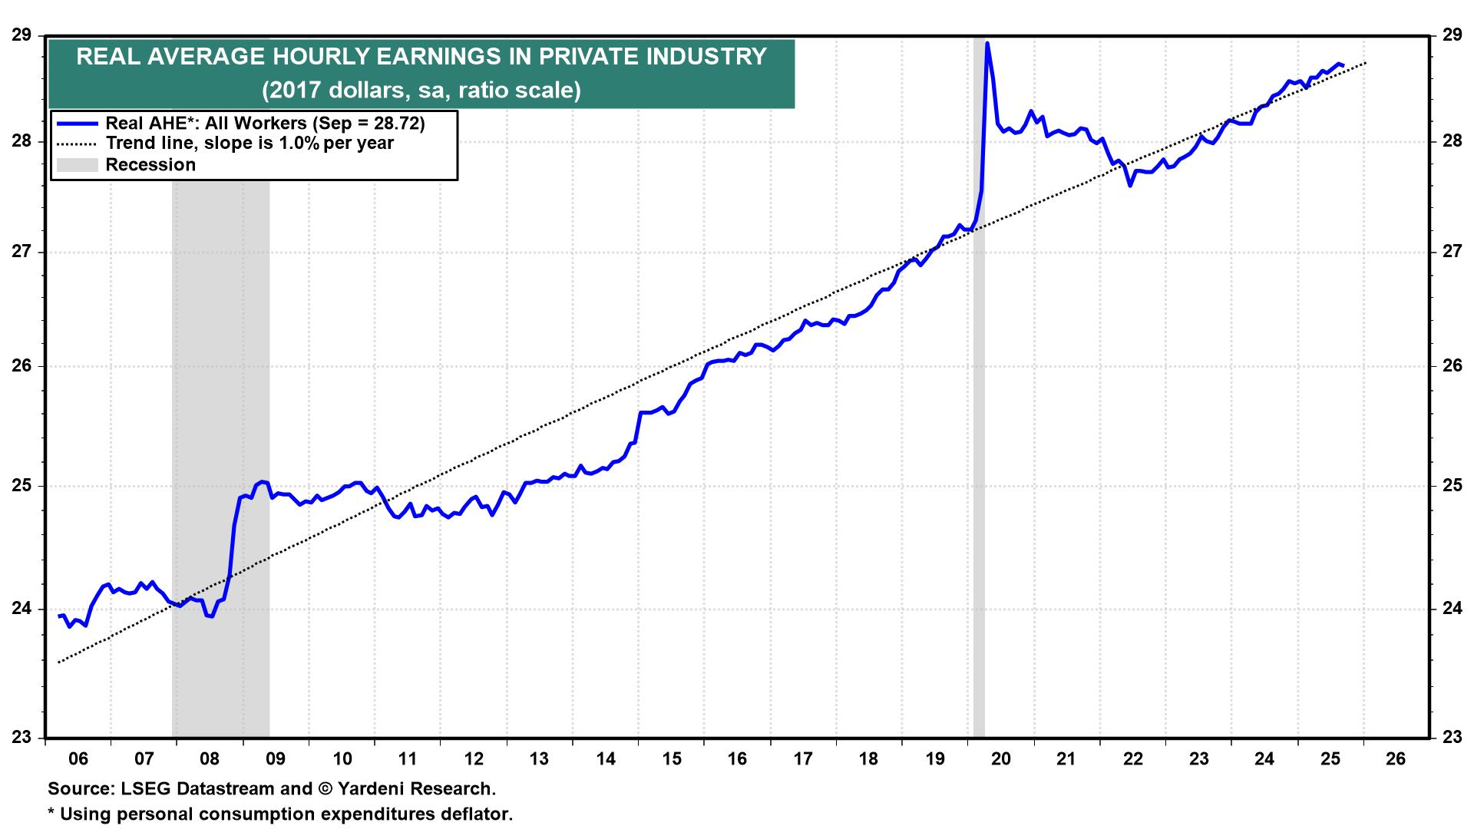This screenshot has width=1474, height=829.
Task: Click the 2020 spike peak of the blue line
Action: click(x=987, y=44)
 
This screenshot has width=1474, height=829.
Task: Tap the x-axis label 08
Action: click(x=210, y=759)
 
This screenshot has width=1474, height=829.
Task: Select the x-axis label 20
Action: click(x=1001, y=759)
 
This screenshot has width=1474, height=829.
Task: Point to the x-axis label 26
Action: click(x=1396, y=759)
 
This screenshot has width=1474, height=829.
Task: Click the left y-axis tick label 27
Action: click(x=21, y=252)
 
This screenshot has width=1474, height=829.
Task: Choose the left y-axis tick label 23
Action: click(x=21, y=738)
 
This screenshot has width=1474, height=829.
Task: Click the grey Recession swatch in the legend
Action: click(x=78, y=165)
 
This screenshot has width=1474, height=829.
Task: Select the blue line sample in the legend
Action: click(x=78, y=124)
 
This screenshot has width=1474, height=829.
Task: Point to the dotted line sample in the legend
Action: click(x=78, y=144)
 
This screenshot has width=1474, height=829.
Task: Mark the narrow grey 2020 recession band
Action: click(x=979, y=384)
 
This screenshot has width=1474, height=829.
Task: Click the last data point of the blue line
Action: click(x=1342, y=65)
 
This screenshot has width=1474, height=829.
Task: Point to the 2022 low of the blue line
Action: click(x=1130, y=185)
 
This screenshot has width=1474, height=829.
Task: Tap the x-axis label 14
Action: click(x=606, y=759)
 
